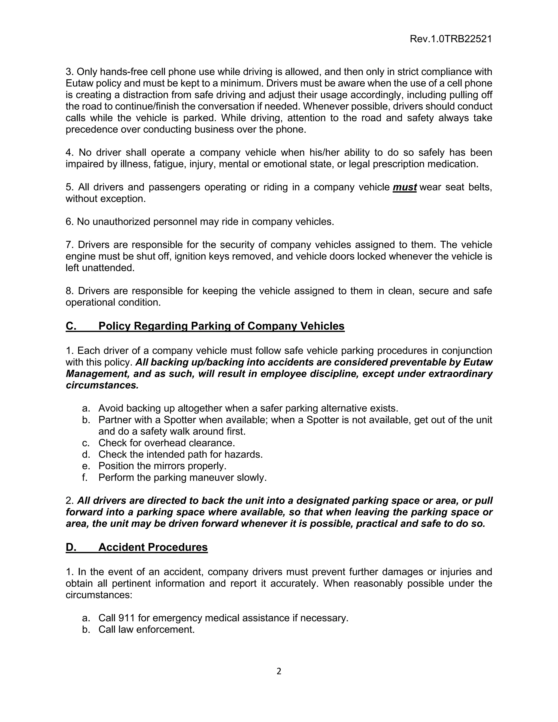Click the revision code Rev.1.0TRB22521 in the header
451,39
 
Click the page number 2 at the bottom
279,671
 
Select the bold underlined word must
404,187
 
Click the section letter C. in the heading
71,326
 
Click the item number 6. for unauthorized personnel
69,222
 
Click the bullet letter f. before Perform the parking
85,477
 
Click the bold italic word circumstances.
102,385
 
